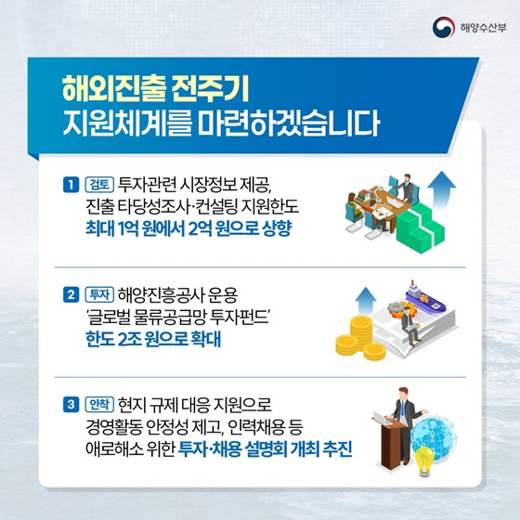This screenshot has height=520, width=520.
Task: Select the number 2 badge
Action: [71, 297]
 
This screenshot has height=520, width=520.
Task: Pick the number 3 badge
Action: [71, 405]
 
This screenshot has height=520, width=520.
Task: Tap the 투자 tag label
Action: [97, 297]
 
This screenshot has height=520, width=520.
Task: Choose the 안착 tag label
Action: [97, 405]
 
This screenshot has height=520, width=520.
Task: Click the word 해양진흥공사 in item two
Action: [157, 297]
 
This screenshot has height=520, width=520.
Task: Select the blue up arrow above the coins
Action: [365, 301]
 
